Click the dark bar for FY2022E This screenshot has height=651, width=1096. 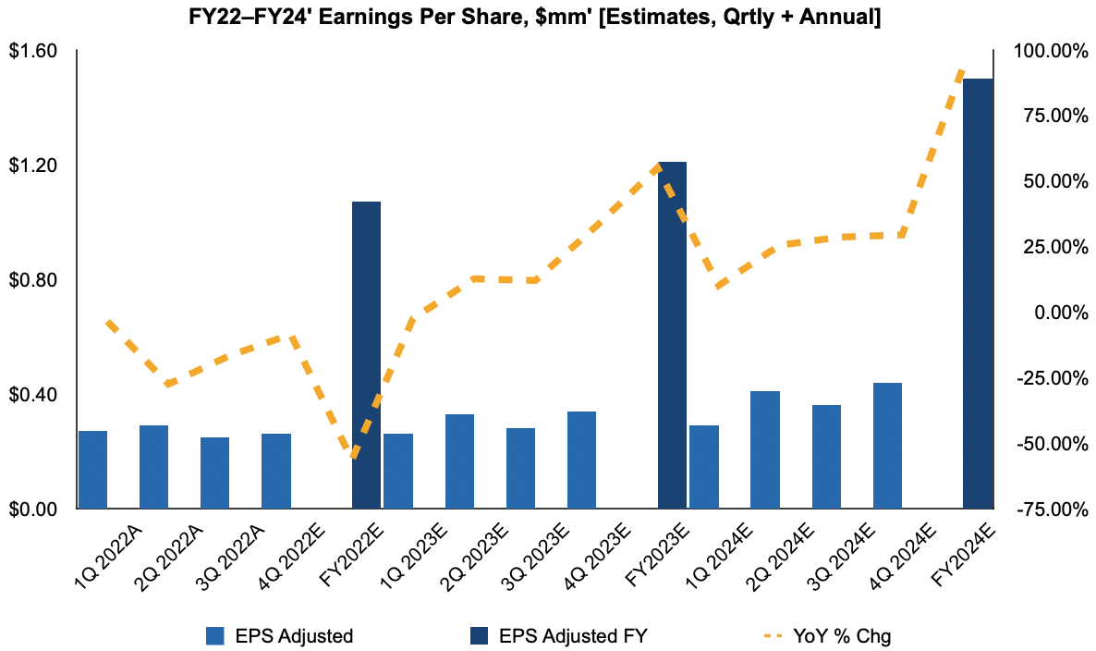[x=367, y=355]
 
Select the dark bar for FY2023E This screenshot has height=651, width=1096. [x=672, y=335]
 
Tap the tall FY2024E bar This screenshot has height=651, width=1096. [x=978, y=293]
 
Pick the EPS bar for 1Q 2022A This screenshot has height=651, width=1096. [x=92, y=470]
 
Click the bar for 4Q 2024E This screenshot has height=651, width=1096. [x=887, y=446]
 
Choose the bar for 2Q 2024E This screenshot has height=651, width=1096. [x=764, y=450]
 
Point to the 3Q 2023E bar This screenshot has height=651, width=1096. [x=520, y=468]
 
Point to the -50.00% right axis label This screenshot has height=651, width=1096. [x=1048, y=444]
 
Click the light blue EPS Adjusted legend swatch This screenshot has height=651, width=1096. [x=215, y=636]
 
